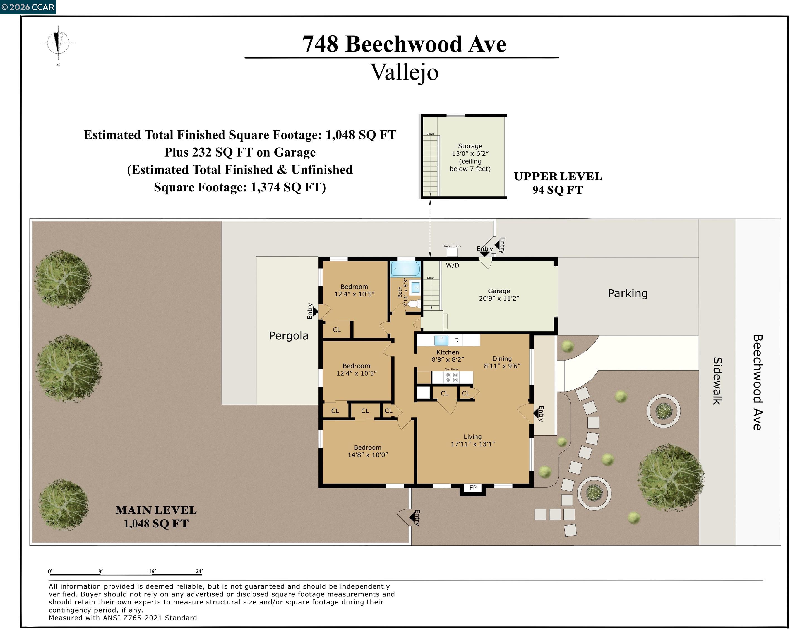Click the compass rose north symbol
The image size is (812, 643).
58,42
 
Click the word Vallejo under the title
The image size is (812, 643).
404,72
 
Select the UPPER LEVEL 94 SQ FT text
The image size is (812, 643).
558,183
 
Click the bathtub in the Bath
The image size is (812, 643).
405,269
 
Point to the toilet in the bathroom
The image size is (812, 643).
414,303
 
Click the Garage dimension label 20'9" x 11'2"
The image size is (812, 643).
499,298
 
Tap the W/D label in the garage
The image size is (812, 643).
453,265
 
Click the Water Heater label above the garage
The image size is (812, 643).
452,246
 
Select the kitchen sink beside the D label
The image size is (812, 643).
441,340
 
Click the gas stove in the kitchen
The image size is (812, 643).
452,378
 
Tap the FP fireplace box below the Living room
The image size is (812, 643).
473,488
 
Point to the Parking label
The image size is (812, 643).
628,294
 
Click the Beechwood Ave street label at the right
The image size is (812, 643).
757,382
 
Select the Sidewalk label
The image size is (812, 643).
717,381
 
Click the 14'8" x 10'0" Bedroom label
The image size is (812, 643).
368,451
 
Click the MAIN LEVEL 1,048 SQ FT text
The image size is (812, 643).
156,517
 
